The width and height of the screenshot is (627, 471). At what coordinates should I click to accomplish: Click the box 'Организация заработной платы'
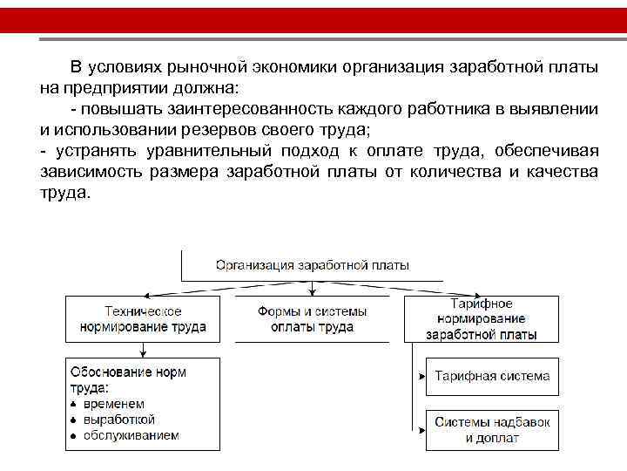[312, 265]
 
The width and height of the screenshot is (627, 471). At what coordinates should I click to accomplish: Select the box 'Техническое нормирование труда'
[143, 318]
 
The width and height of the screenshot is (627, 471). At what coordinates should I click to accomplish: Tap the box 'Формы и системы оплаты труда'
[312, 318]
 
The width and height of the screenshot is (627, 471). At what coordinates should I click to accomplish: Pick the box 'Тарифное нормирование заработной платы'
[481, 318]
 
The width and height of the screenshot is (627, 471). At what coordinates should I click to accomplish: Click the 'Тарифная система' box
[492, 377]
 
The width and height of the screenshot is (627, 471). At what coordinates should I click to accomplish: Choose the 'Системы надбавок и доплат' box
[492, 429]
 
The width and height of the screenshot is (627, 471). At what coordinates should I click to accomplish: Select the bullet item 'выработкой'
[118, 420]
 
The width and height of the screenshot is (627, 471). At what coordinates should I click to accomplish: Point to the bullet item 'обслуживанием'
[131, 434]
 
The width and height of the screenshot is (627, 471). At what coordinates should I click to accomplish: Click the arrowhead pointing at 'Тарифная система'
[421, 377]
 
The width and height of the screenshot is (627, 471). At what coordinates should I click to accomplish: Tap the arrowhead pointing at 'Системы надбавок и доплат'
[421, 429]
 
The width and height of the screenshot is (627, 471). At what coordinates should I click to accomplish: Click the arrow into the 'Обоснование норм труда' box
[143, 352]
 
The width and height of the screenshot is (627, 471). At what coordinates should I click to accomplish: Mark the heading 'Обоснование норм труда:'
[127, 379]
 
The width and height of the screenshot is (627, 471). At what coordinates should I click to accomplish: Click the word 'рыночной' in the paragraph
[206, 68]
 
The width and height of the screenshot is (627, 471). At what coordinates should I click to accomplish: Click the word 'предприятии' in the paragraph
[109, 88]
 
